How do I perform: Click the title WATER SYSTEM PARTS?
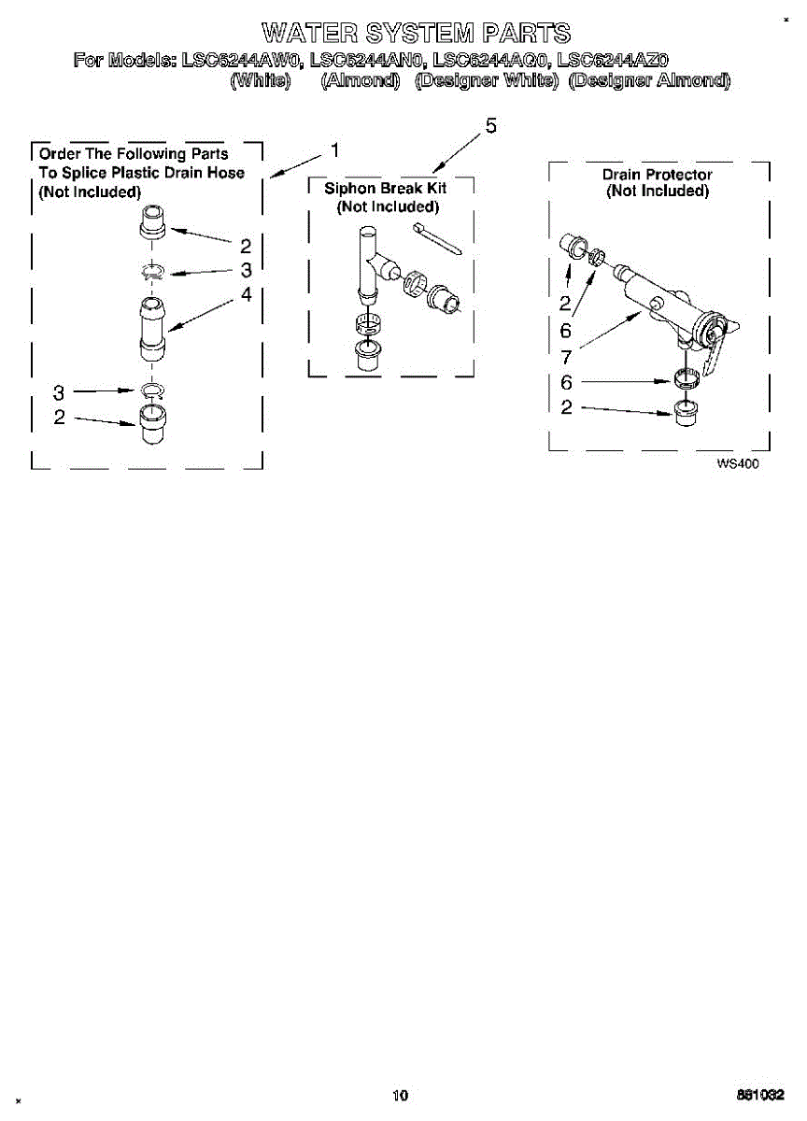click(416, 35)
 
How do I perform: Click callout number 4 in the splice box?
click(246, 294)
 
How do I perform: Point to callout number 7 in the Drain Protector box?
click(566, 356)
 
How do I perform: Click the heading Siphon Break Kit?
click(386, 189)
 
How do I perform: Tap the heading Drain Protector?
click(657, 175)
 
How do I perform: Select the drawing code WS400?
click(737, 463)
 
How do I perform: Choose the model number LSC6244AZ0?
click(612, 62)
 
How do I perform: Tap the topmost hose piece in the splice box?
click(152, 225)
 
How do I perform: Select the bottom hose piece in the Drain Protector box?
click(687, 411)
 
